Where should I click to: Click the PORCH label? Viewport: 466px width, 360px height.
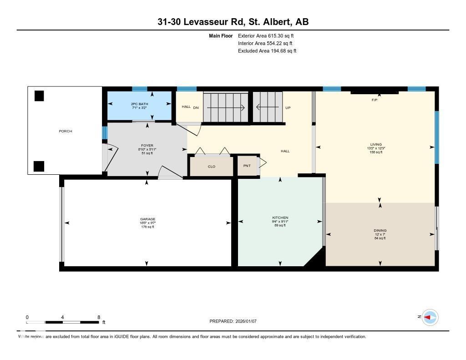pos(66,131)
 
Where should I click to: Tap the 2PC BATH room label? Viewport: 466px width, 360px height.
pos(140,104)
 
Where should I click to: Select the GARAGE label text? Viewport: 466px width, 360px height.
pos(147,219)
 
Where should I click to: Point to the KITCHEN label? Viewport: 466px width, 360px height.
pos(280,218)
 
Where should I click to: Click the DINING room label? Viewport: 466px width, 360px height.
pos(380,231)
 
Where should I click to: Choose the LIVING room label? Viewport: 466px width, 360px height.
pos(376,144)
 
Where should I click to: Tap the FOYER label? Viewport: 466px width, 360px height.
pos(147,146)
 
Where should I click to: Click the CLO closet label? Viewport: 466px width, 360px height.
pos(211,167)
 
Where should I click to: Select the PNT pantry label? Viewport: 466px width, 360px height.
pos(247,166)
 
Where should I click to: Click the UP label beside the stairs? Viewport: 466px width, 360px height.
pos(288,108)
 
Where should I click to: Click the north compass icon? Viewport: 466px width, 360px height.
pos(430,317)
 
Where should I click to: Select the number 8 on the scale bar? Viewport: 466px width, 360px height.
pos(99,317)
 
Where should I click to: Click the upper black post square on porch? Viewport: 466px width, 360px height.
pos(40,96)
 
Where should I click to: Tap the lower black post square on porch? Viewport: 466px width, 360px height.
pos(40,166)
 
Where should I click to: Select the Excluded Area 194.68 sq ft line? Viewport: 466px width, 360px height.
pos(267,51)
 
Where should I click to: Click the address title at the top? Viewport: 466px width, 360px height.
pos(233,22)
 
